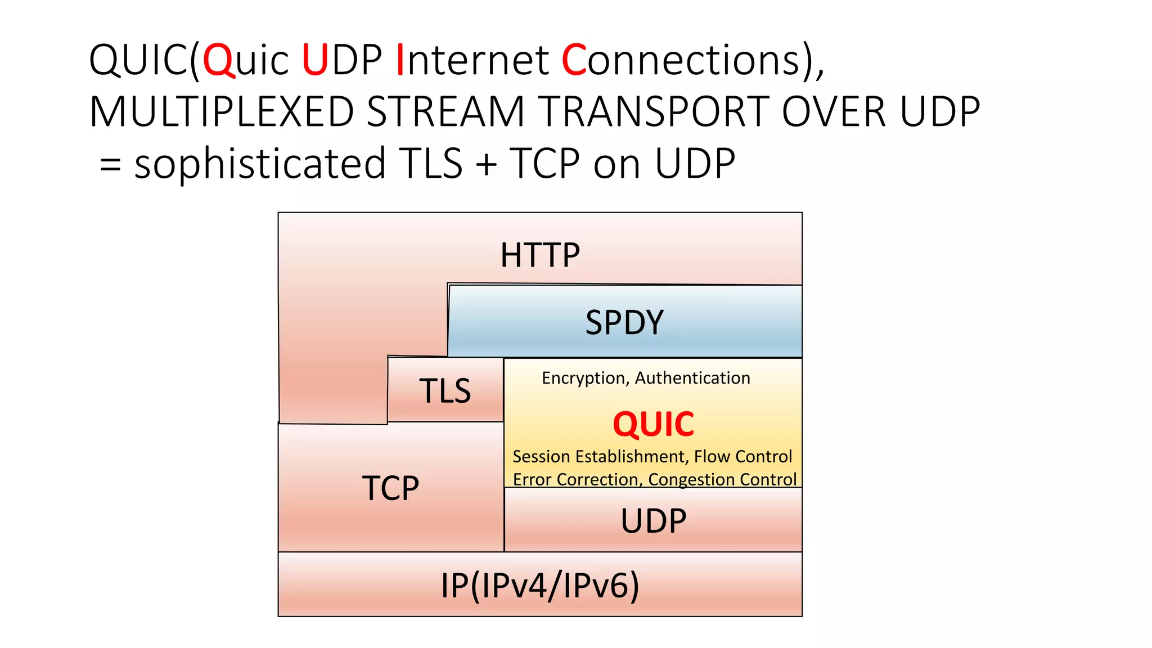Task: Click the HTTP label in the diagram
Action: click(x=540, y=255)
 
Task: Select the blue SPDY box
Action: click(x=624, y=322)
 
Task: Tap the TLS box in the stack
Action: click(x=445, y=390)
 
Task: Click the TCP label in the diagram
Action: click(x=390, y=488)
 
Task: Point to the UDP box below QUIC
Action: click(x=653, y=520)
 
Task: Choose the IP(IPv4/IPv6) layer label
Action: click(x=540, y=585)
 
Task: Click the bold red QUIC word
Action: click(x=653, y=424)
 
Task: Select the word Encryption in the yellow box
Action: click(x=584, y=378)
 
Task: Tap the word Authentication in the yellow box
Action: click(x=692, y=378)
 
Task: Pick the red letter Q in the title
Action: click(x=218, y=60)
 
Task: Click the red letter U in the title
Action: click(x=314, y=60)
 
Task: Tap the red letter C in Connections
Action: click(x=574, y=60)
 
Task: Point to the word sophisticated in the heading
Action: click(x=260, y=164)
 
